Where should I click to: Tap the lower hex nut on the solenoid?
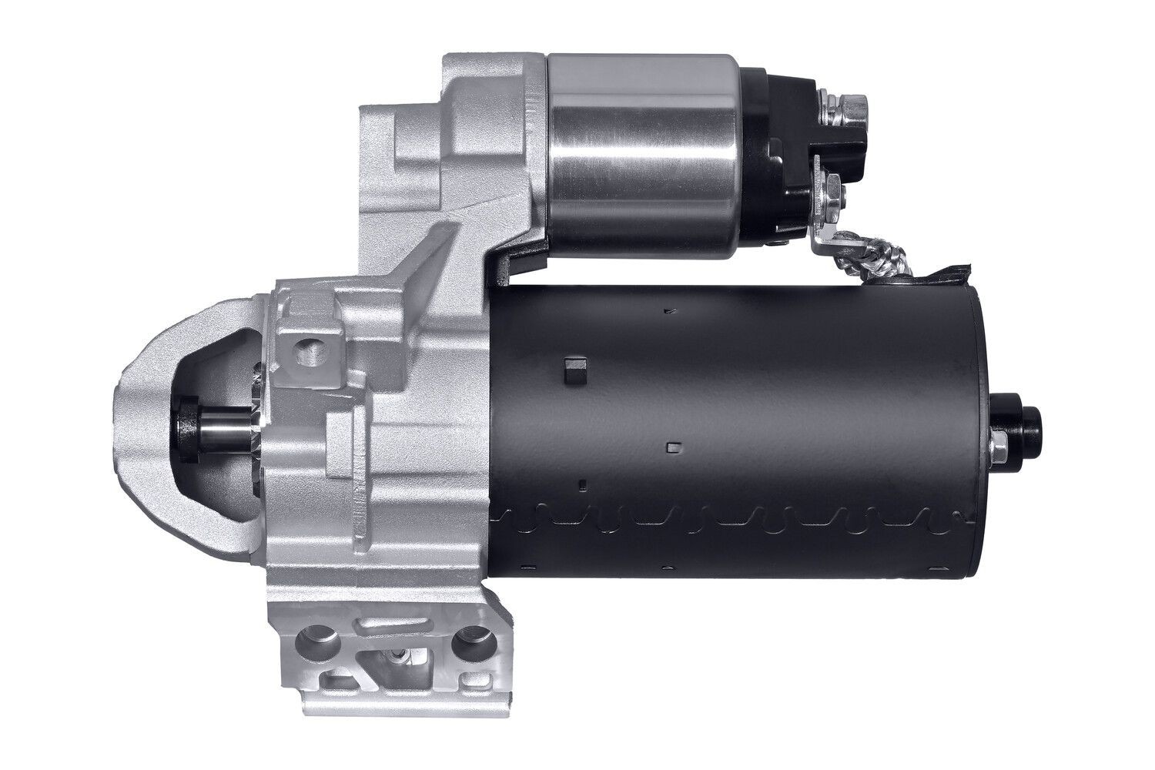click(x=833, y=187)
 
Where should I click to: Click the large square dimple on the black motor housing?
click(x=574, y=370)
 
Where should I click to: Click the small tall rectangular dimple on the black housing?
click(x=583, y=484)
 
